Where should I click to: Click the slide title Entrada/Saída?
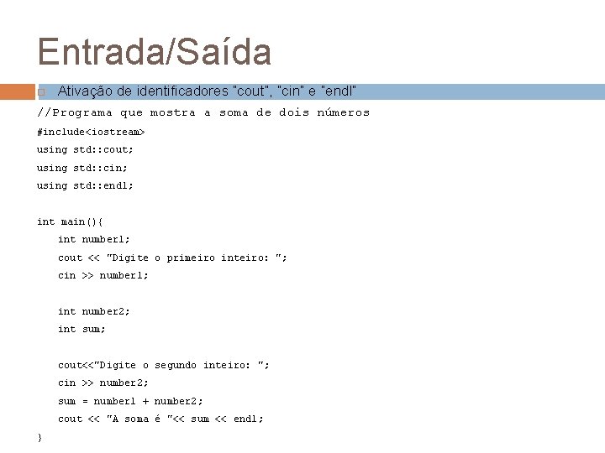click(x=154, y=52)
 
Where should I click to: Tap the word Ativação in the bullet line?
click(x=83, y=91)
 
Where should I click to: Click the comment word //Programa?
click(x=75, y=112)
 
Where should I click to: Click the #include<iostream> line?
click(x=91, y=132)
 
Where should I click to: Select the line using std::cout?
click(x=85, y=149)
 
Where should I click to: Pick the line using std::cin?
click(x=82, y=168)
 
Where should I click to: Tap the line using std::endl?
click(x=85, y=185)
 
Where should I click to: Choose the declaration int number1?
click(x=94, y=239)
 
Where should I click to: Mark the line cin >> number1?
click(x=103, y=275)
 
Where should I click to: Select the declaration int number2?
click(x=94, y=311)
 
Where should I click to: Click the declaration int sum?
click(x=82, y=329)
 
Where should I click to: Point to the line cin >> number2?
click(x=103, y=383)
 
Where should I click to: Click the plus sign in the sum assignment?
click(x=146, y=401)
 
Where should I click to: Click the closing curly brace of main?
click(x=39, y=437)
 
